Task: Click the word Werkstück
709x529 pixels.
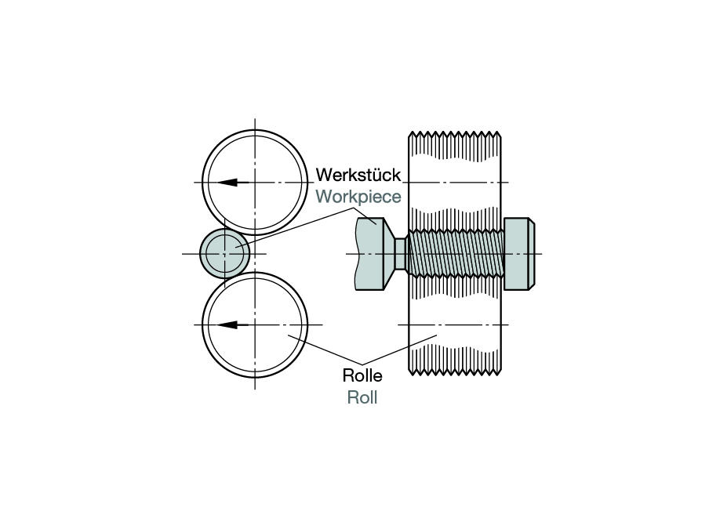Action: point(358,175)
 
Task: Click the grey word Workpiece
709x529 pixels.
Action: point(358,196)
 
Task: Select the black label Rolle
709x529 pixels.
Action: point(362,375)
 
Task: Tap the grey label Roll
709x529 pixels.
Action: point(362,397)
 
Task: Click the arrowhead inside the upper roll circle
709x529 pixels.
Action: point(227,183)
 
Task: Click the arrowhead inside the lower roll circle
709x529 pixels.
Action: point(227,324)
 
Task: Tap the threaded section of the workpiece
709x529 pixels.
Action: point(455,253)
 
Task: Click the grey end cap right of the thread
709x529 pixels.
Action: point(518,253)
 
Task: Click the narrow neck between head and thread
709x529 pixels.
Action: point(400,253)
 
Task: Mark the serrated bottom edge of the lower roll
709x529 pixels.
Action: point(455,368)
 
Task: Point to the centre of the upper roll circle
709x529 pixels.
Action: point(255,183)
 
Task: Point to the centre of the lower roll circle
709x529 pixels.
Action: point(255,324)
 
